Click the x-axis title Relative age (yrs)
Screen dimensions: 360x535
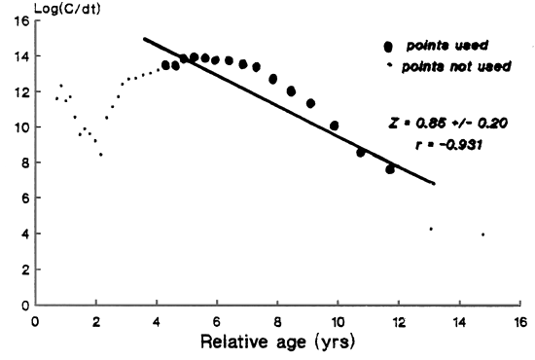pos(277,342)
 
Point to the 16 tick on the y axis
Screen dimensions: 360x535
pos(20,21)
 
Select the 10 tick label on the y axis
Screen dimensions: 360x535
pos(20,127)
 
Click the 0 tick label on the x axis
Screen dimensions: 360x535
pos(35,320)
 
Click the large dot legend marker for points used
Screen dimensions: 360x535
pos(390,46)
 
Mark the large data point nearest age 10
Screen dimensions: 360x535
pos(335,126)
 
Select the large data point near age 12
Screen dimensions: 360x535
pos(390,168)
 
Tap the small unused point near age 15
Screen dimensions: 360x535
pos(482,234)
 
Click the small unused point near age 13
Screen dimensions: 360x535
pos(431,229)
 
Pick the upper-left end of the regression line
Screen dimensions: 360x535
pos(144,39)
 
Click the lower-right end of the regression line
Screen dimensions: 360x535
pos(434,183)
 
